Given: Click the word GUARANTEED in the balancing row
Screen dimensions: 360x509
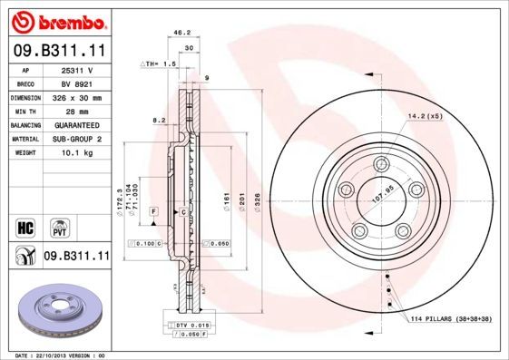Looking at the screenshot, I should pyautogui.click(x=77, y=125).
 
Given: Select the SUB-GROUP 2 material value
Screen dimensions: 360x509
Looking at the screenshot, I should pyautogui.click(x=77, y=140).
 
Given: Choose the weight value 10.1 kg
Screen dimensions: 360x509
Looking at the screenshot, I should pyautogui.click(x=77, y=154).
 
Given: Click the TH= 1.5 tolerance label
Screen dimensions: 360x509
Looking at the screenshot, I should pyautogui.click(x=160, y=64).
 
